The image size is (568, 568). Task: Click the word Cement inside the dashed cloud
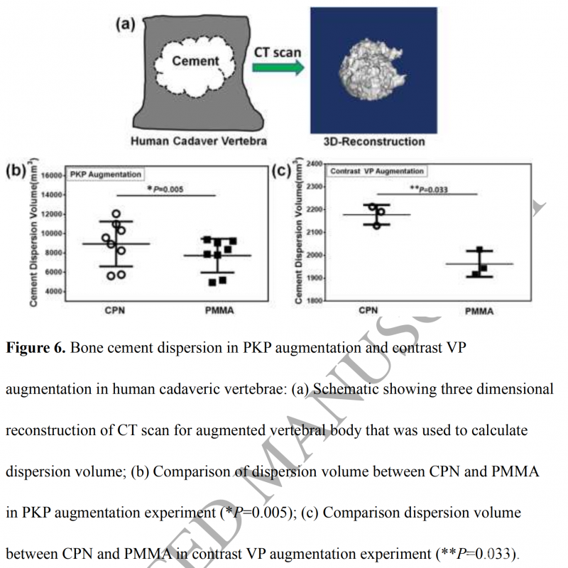click(196, 61)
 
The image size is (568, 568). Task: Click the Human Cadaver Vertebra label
click(199, 141)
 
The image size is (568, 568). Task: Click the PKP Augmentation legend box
click(106, 174)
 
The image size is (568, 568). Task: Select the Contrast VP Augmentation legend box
click(377, 171)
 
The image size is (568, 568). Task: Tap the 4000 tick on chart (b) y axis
click(55, 291)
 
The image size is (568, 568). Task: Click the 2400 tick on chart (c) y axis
click(313, 164)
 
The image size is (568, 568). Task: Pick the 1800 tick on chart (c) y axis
click(313, 301)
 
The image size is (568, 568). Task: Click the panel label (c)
click(283, 171)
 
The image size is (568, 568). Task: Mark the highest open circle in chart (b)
click(116, 214)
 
